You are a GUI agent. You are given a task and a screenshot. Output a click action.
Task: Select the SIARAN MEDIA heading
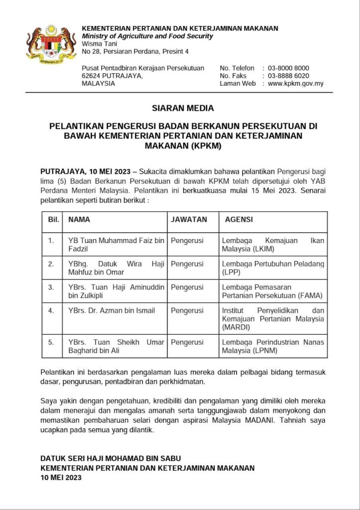pos(183,108)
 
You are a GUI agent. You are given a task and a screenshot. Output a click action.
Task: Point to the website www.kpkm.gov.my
pos(296,83)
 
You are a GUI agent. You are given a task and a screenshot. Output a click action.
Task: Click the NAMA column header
pos(79,219)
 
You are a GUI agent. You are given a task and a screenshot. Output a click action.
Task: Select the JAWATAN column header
pos(188,219)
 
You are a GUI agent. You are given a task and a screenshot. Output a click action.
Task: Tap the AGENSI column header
pos(239,219)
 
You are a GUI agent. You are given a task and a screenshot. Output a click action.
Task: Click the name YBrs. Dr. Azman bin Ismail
pos(112,311)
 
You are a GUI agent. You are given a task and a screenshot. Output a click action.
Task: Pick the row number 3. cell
pos(51,287)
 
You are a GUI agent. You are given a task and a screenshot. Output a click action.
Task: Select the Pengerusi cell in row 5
pos(187,342)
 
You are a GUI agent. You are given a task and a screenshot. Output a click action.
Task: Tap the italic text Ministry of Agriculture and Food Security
pos(147,36)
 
